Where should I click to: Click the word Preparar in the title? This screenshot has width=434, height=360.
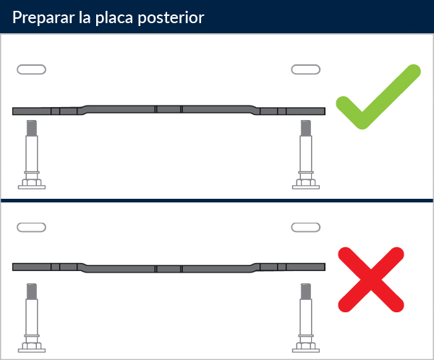click(x=43, y=17)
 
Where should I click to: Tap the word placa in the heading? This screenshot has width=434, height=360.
click(x=114, y=17)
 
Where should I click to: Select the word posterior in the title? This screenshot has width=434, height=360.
click(x=171, y=18)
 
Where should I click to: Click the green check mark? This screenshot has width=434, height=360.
click(x=378, y=97)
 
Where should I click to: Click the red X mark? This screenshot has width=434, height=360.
click(x=371, y=280)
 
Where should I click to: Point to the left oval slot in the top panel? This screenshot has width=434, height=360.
click(x=31, y=69)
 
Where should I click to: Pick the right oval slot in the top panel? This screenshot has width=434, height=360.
click(x=305, y=69)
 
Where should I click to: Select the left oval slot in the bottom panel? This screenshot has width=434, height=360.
click(x=31, y=227)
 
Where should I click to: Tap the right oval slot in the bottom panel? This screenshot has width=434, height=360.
click(x=305, y=227)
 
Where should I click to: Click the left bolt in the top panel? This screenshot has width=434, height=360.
click(x=32, y=155)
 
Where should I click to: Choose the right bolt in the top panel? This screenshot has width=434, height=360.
click(x=306, y=155)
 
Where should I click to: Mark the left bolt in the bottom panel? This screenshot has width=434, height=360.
click(x=32, y=317)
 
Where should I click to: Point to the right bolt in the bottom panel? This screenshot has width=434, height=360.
click(x=306, y=317)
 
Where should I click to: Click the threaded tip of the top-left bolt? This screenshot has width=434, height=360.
click(x=32, y=128)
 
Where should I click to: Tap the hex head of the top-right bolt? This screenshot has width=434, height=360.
click(x=306, y=183)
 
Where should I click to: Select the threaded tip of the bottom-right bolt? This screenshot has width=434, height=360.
click(x=306, y=291)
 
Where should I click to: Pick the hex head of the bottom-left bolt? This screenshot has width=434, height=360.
click(x=32, y=346)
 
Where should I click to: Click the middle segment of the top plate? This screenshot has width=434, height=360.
click(x=169, y=109)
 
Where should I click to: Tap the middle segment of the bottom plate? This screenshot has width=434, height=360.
click(x=169, y=269)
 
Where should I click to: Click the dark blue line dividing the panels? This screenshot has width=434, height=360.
click(x=217, y=200)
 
